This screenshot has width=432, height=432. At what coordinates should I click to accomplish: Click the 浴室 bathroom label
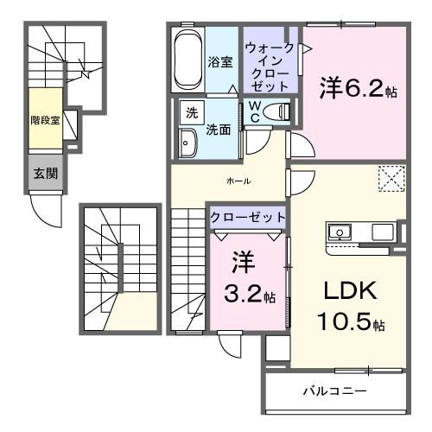[219, 61]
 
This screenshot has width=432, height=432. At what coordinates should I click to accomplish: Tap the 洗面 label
[217, 130]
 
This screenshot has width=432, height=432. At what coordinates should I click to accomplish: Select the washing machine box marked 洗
[187, 112]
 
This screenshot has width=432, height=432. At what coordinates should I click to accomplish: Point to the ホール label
[238, 181]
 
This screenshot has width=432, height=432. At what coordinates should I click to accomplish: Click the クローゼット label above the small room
[246, 219]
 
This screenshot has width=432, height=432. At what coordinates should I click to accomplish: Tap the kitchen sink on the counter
[339, 232]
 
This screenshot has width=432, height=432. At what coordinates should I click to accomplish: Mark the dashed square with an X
[391, 180]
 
